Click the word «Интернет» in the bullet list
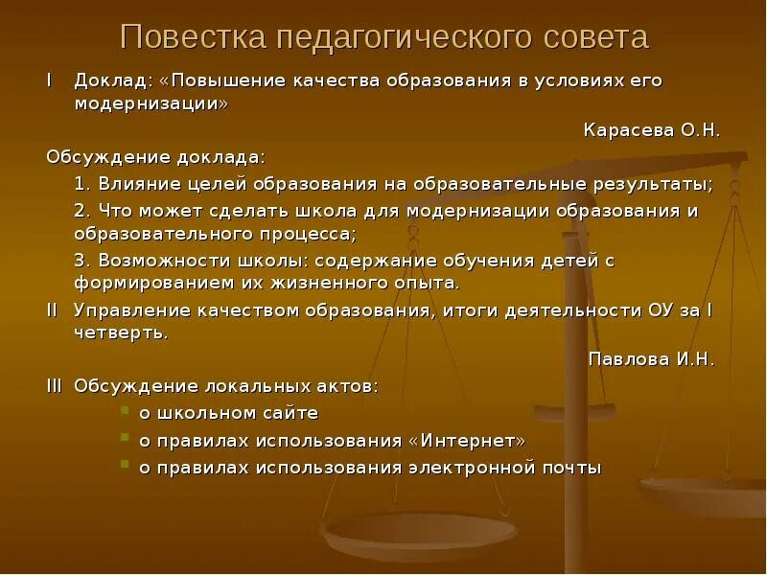click(467, 441)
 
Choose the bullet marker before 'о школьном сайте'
click(126, 413)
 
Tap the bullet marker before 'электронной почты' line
click(126, 467)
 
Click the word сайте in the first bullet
click(289, 413)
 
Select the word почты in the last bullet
click(570, 468)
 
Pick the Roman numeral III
click(55, 386)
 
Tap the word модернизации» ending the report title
click(151, 103)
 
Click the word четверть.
click(122, 333)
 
